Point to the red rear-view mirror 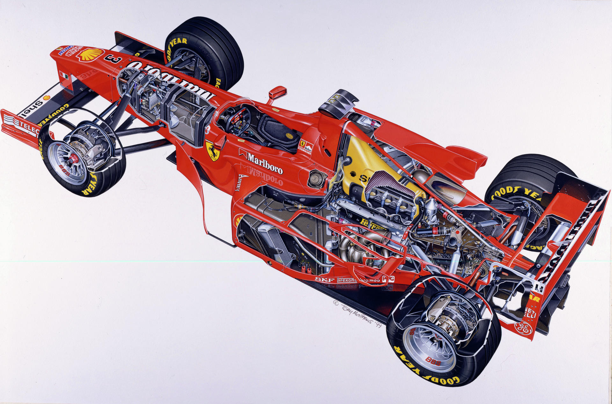pyautogui.click(x=277, y=93)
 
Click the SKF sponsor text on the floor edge pyautogui.click(x=325, y=279)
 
